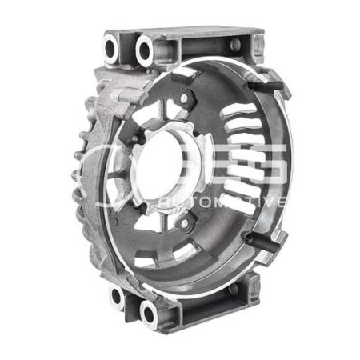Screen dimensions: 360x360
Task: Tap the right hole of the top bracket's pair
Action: [x=145, y=50]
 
